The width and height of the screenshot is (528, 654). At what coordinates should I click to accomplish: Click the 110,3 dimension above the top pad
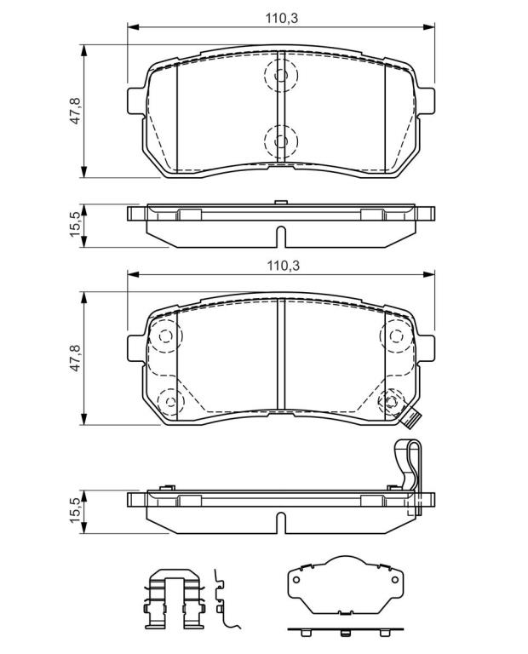pos(282,19)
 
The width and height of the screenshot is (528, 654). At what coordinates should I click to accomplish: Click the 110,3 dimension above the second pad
pos(284,266)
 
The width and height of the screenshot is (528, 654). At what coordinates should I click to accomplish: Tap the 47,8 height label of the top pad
pos(76,111)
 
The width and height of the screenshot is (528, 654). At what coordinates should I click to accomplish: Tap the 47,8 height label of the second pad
pos(76,358)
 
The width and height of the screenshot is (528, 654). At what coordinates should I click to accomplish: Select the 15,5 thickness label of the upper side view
pos(75,225)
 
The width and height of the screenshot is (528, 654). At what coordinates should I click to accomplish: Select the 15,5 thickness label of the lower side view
pos(75,510)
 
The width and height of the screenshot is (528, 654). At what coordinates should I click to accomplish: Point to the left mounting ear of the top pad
pos(135,100)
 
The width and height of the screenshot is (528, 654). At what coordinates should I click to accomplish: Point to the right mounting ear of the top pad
pos(426,100)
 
